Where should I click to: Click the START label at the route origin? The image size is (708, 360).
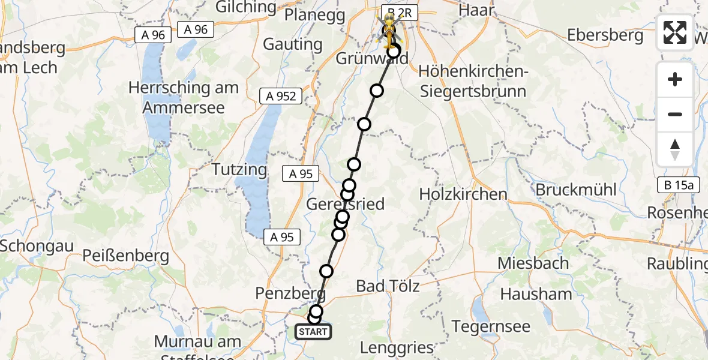coord(313,332)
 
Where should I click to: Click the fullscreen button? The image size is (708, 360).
coord(675,32)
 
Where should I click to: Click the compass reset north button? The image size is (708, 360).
coord(675,149)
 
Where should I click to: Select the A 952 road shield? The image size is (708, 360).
coord(281,96)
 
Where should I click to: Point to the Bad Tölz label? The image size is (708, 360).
coord(388,286)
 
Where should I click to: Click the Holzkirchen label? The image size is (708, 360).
coord(463,194)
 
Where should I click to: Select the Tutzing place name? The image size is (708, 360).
coord(239,169)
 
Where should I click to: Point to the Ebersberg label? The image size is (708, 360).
coord(605,35)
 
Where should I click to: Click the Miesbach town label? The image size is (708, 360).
coord(533,263)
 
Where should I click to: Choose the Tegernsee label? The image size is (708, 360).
coord(491,327)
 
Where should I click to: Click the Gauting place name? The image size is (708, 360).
coord(293,44)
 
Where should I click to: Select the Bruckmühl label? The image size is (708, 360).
coord(576,190)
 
